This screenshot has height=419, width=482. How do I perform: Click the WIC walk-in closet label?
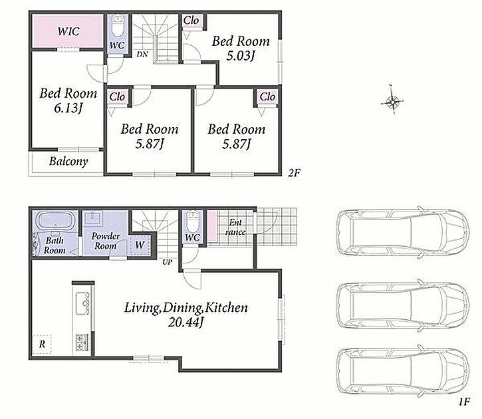[68, 31]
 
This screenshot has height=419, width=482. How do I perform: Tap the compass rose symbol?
[392, 100]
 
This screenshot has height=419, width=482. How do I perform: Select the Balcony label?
[68, 162]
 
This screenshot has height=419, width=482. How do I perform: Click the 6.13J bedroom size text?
[68, 108]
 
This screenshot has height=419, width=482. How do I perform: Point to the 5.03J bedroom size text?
[241, 56]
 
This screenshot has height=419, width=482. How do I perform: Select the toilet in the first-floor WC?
[193, 221]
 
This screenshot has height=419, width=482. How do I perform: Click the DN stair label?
[142, 55]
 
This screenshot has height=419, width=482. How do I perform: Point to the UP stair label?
[168, 262]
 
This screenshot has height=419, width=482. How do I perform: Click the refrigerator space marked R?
[42, 344]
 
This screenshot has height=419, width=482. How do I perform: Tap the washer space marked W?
[140, 245]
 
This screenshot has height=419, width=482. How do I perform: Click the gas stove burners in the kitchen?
[82, 342]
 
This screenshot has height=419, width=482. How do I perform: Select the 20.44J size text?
[186, 322]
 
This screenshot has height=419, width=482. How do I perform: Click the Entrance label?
[235, 227]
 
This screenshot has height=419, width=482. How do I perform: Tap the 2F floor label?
[294, 173]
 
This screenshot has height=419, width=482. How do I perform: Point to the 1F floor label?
[465, 402]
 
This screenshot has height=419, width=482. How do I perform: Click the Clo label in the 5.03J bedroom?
[191, 21]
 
